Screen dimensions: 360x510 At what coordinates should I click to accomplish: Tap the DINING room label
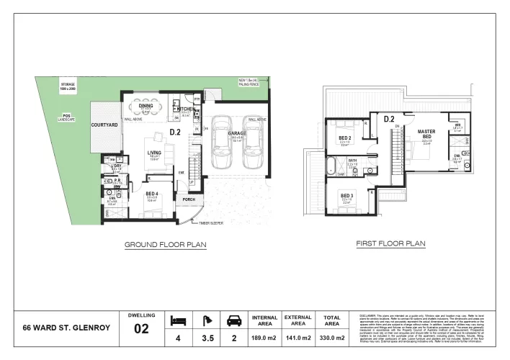[x=147, y=105]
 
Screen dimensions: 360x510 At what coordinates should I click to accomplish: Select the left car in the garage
[x=221, y=143]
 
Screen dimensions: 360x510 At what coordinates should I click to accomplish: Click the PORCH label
[x=189, y=199]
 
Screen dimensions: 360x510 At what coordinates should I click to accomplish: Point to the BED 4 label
[x=152, y=194]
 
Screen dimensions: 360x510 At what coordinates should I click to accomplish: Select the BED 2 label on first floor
[x=344, y=138]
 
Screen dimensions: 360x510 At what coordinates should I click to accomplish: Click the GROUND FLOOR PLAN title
[x=166, y=245]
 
